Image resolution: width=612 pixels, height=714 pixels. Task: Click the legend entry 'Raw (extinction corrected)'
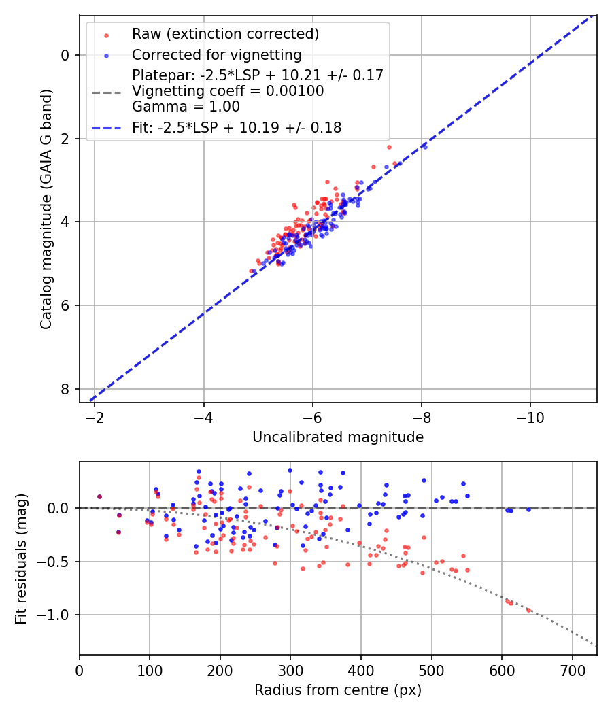225,34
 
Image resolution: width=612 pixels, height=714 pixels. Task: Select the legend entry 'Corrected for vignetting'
216,55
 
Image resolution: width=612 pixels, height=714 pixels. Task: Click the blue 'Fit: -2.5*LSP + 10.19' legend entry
237,127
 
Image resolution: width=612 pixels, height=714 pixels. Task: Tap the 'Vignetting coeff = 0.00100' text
228,91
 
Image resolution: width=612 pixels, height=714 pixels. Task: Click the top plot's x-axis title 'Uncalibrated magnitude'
338,437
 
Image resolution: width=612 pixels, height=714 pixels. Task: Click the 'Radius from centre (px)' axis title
338,690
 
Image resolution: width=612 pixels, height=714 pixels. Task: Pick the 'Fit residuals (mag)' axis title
21,558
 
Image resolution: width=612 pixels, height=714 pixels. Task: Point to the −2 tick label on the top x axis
95,418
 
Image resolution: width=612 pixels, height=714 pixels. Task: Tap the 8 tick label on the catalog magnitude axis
65,389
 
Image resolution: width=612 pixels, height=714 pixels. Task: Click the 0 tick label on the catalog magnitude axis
65,55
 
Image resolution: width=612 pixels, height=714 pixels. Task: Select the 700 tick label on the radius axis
572,670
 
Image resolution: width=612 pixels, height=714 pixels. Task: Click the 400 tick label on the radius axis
361,670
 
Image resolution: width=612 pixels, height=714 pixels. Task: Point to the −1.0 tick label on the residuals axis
56,615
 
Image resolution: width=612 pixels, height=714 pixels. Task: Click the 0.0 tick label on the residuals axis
60,508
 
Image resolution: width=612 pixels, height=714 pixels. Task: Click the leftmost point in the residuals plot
99,496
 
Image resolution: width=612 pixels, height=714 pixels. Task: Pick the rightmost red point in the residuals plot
528,610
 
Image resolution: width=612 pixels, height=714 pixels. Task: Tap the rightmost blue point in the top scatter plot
425,146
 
